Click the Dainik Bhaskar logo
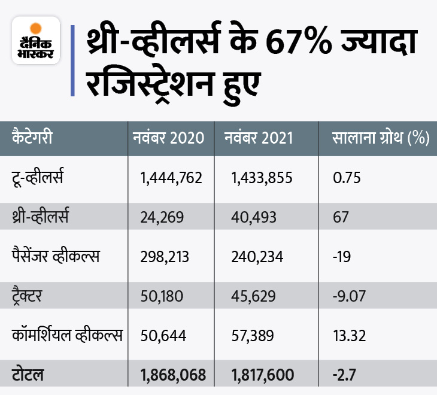pos(36,41)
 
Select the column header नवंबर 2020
pos(168,138)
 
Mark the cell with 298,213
pos(165,256)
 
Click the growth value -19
pos(341,256)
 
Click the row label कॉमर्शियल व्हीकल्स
pos(66,335)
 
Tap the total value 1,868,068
pos(172,375)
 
